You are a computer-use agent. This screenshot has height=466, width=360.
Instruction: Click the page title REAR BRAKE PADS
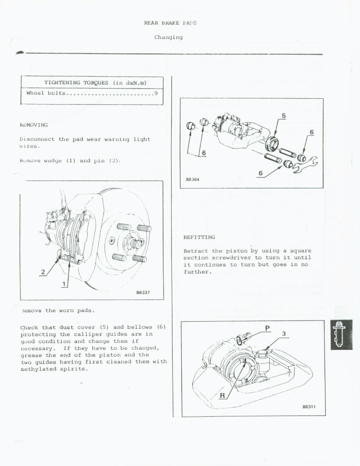click(170, 22)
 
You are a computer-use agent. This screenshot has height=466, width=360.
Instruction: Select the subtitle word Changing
click(169, 37)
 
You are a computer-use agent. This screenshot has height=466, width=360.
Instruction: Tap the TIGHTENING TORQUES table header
click(95, 83)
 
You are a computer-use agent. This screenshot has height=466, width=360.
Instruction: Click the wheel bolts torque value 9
click(156, 93)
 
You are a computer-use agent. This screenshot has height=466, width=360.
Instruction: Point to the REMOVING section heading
click(34, 125)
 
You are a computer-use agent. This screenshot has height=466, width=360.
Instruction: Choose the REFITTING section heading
click(199, 237)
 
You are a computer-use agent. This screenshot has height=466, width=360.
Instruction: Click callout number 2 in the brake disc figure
click(43, 272)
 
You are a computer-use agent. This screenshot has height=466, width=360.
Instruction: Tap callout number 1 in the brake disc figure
click(64, 284)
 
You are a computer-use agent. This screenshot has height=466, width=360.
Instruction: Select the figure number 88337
click(143, 292)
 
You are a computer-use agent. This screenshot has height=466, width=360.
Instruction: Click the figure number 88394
click(192, 179)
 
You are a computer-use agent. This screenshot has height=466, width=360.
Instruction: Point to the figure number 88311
click(309, 407)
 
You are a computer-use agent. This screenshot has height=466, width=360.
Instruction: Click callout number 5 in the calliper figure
click(284, 116)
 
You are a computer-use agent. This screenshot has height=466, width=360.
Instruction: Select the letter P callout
click(267, 328)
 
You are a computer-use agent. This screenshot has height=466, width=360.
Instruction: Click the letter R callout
click(222, 396)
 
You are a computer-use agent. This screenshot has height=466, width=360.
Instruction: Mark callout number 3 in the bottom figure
click(284, 334)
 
